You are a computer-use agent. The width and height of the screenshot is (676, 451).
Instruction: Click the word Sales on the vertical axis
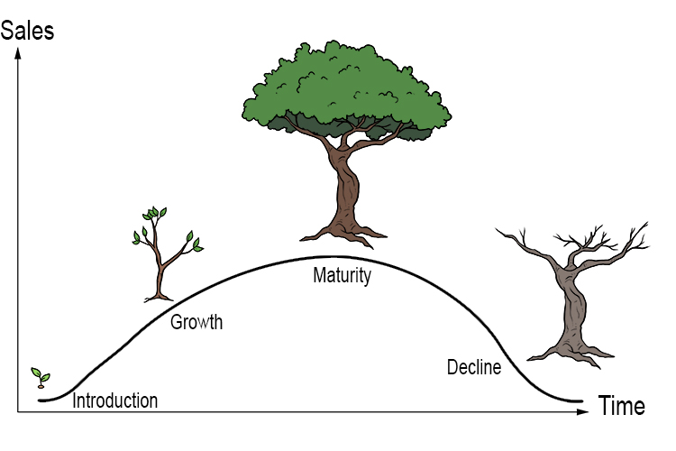click(28, 31)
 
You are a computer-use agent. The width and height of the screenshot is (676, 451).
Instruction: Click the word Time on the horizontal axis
click(621, 407)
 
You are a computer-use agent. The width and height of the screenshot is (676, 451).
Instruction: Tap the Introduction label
click(114, 401)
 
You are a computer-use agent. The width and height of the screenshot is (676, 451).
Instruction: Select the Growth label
click(196, 321)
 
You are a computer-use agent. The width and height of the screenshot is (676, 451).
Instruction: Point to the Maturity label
click(342, 276)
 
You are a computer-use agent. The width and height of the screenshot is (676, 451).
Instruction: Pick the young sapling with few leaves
click(163, 253)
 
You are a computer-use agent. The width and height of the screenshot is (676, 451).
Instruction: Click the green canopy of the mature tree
click(347, 86)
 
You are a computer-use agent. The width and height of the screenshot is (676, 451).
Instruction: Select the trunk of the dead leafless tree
click(570, 307)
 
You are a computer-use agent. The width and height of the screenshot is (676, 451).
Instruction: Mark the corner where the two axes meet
click(16, 412)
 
